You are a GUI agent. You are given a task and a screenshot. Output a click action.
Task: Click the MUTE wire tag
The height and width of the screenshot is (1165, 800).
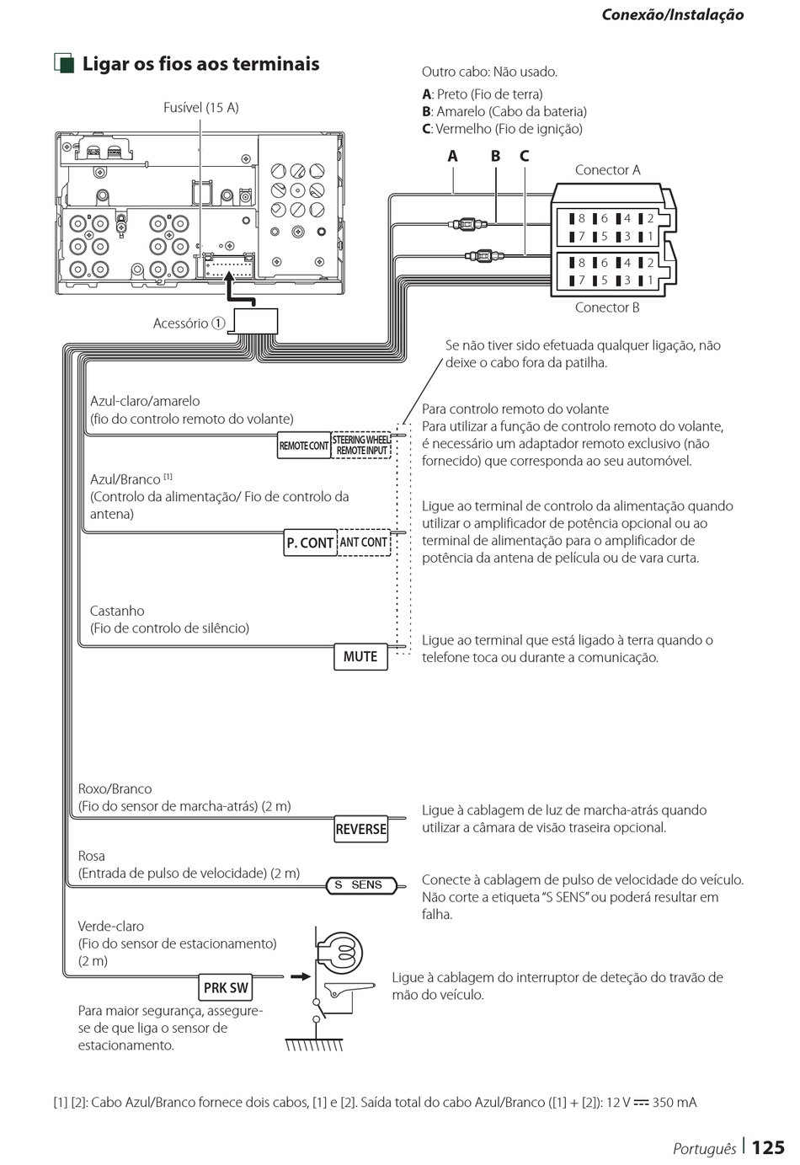click(x=360, y=656)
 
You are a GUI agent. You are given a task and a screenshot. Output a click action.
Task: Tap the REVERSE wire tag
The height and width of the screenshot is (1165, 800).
click(x=361, y=829)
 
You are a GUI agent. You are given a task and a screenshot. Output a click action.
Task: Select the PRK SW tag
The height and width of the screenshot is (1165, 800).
click(x=227, y=987)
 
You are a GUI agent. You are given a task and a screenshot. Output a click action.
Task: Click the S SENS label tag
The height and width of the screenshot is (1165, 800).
click(x=360, y=885)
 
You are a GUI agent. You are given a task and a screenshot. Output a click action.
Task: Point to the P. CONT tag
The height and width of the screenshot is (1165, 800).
click(x=310, y=543)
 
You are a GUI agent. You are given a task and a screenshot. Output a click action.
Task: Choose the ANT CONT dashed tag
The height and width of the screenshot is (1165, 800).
click(x=364, y=542)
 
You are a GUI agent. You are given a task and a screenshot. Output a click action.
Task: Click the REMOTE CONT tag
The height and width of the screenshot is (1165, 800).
click(x=304, y=446)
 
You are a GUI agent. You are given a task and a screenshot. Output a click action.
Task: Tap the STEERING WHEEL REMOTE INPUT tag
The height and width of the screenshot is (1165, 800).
click(x=361, y=446)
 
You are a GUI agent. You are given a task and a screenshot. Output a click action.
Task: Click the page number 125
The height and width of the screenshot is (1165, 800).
click(x=767, y=1147)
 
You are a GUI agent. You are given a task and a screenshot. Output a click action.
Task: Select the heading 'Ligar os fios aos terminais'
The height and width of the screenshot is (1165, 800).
click(x=200, y=64)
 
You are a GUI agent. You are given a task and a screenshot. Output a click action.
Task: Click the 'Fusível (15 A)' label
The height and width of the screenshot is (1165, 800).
click(x=200, y=108)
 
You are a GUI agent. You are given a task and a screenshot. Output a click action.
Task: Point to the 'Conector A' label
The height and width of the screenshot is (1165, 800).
click(x=607, y=170)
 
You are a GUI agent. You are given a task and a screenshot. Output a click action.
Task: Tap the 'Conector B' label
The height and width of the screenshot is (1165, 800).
click(x=607, y=307)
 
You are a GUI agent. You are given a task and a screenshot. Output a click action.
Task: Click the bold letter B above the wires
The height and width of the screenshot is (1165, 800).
click(x=495, y=156)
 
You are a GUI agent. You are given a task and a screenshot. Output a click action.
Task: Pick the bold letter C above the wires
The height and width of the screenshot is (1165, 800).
click(x=524, y=156)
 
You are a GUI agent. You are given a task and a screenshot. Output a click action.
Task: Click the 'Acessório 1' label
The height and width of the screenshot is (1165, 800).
click(x=189, y=323)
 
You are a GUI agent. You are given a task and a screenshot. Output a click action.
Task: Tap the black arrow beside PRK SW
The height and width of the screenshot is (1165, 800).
click(x=300, y=977)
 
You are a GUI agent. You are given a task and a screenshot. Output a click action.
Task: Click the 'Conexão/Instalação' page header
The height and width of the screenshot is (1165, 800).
click(x=672, y=14)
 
